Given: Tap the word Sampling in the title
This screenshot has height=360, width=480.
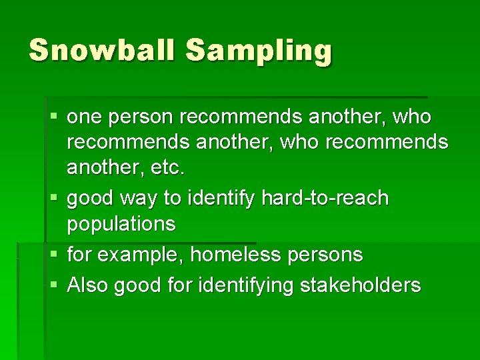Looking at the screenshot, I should point(259,51).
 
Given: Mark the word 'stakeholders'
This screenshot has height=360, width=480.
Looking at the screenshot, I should point(361,285).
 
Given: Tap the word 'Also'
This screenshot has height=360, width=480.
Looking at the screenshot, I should point(88,285).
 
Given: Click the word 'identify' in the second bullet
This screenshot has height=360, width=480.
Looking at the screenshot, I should point(223,199).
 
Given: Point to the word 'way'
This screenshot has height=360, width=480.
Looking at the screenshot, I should point(149,199).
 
